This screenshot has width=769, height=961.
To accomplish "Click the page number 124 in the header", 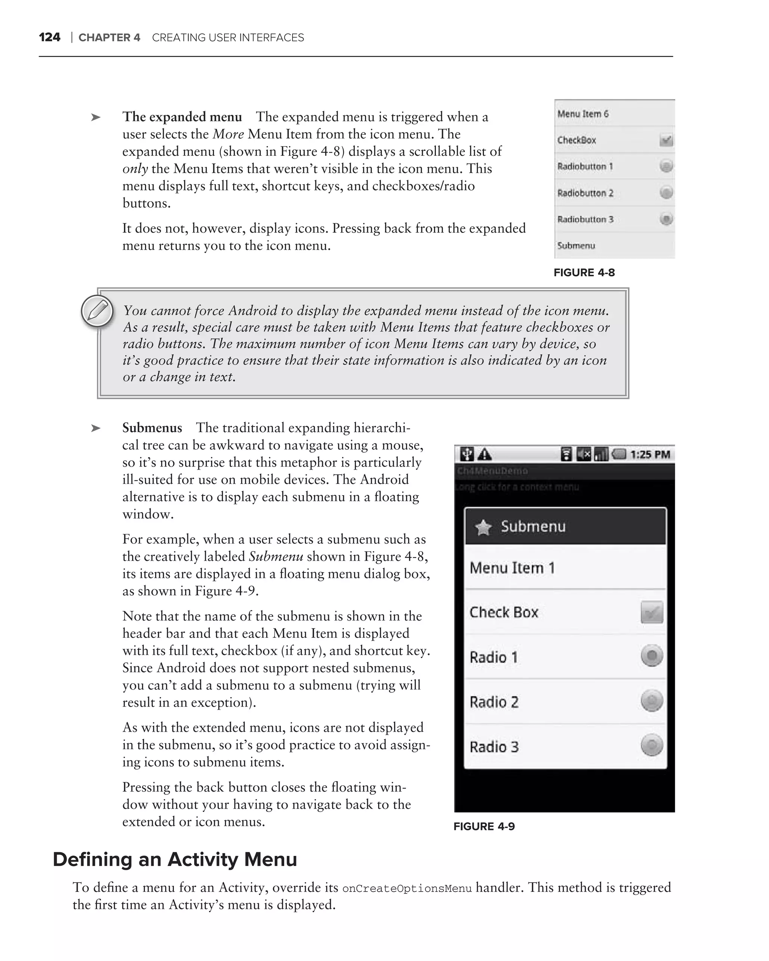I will pos(50,38).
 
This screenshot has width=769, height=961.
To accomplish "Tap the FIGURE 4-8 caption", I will pos(584,273).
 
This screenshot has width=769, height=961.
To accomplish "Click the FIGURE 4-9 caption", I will pos(484,826).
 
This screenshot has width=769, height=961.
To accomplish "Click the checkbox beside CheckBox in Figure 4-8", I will pos(666,140).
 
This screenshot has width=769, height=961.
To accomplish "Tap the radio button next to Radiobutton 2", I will pos(666,193).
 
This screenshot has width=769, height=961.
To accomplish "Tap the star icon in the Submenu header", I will pos(483,528).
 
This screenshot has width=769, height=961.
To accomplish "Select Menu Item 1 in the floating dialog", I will pos(513,568).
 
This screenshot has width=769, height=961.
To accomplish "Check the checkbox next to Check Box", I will pos(652,612).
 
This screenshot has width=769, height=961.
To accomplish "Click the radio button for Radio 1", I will pos(652,656).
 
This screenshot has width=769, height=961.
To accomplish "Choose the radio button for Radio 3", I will pos(652,745).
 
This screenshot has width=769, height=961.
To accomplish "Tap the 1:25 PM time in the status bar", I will pos(650,455).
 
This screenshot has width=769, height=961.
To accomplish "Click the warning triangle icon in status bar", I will pos(485,455).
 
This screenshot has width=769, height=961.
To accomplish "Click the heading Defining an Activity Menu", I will pos(175,859).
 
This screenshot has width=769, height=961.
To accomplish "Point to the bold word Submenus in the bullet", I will pos(152,428).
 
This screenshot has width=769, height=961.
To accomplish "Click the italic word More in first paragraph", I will pos(228,134).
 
